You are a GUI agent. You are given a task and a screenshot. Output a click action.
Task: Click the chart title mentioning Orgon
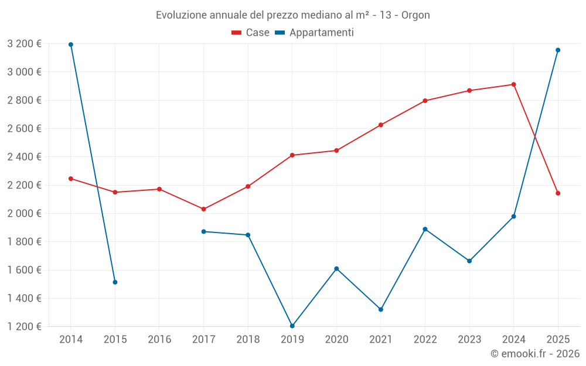point(292,15)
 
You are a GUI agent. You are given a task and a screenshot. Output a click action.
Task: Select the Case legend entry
point(250,33)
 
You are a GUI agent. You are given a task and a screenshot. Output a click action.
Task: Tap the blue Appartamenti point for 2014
point(71,45)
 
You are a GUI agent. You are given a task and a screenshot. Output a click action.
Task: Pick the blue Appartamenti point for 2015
point(115,282)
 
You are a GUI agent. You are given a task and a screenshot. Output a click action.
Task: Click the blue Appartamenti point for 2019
point(292,326)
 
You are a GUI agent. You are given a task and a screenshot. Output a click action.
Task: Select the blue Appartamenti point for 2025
point(558,50)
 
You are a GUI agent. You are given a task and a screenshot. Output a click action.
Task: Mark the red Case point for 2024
point(514,84)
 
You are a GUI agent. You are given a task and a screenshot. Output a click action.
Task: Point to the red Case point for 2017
point(203,209)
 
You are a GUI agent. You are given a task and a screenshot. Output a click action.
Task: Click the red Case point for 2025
point(558,193)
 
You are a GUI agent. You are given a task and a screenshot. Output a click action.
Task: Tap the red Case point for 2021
point(381,125)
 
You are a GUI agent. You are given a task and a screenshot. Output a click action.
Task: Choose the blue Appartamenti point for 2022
point(425,229)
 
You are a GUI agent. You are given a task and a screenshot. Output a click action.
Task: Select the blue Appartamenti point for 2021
point(381,309)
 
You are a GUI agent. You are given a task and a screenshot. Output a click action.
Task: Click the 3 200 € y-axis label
point(24,43)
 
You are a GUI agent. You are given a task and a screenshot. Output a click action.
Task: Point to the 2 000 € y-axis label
point(24,213)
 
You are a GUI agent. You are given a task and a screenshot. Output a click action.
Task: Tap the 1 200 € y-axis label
point(24,326)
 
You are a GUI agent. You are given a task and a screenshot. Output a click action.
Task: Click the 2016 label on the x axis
point(159,340)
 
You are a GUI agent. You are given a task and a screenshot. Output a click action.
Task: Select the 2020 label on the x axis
point(336,340)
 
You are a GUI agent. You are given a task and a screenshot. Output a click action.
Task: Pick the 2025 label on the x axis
point(558,340)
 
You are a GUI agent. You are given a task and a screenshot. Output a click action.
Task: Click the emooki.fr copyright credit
point(535,354)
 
